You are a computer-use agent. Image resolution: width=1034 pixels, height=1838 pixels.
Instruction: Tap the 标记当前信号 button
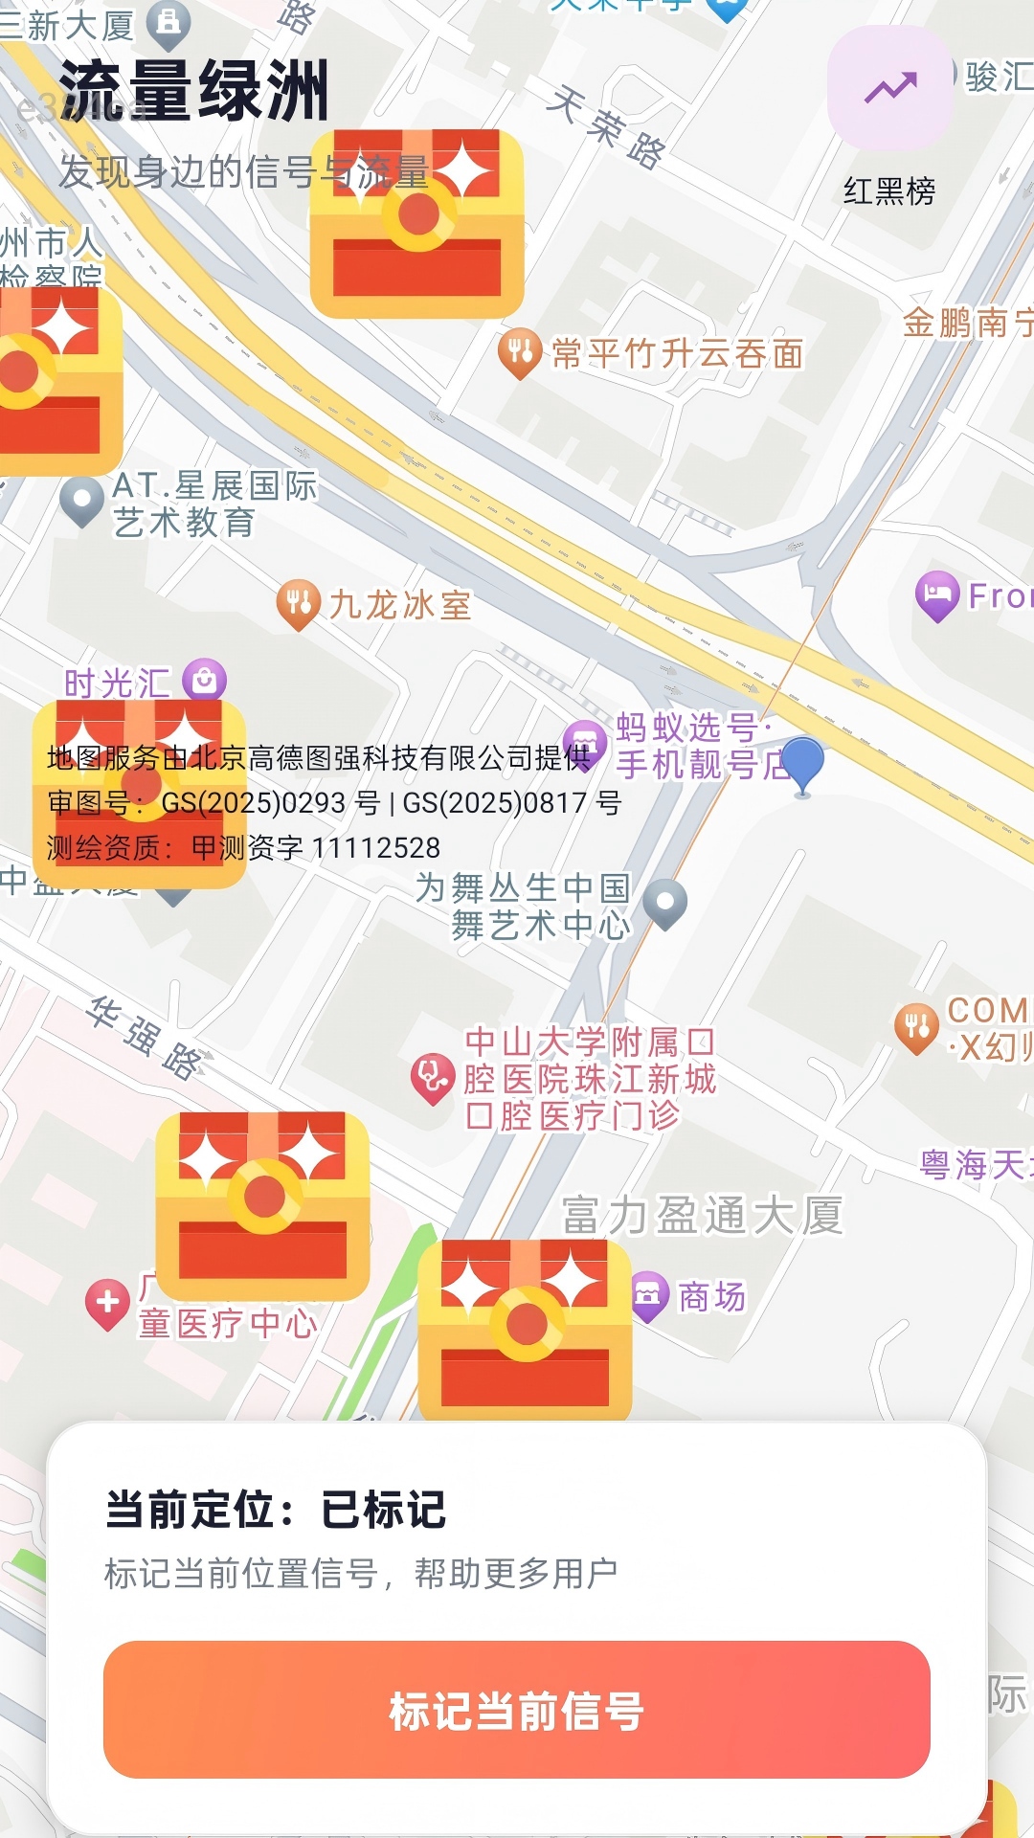point(517,1710)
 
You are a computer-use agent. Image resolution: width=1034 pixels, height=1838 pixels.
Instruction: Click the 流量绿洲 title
point(194,92)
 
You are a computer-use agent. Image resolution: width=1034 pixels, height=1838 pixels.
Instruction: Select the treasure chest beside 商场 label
point(525,1329)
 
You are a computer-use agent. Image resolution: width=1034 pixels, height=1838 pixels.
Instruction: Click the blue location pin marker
point(802,762)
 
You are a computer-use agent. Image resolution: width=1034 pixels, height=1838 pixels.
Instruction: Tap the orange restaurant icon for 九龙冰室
point(298,604)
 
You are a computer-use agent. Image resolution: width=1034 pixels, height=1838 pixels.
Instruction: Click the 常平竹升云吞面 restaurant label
point(677,354)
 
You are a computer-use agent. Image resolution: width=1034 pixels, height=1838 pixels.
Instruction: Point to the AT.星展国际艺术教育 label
point(214,504)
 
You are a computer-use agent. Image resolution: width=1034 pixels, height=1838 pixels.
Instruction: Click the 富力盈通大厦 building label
point(702,1216)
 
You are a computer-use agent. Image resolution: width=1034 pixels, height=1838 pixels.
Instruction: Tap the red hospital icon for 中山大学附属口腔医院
point(433,1077)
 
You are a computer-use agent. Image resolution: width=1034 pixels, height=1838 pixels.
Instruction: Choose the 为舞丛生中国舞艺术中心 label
point(524,906)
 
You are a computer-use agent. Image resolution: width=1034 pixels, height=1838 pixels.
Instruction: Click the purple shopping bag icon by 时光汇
point(204,680)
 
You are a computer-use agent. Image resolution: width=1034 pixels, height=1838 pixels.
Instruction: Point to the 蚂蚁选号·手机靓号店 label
point(702,746)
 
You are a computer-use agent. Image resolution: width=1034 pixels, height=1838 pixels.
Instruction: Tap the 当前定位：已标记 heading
point(276,1510)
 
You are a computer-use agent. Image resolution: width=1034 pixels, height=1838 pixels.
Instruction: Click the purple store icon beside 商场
point(648,1295)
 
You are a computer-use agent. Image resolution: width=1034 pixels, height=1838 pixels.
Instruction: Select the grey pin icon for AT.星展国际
point(81,500)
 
